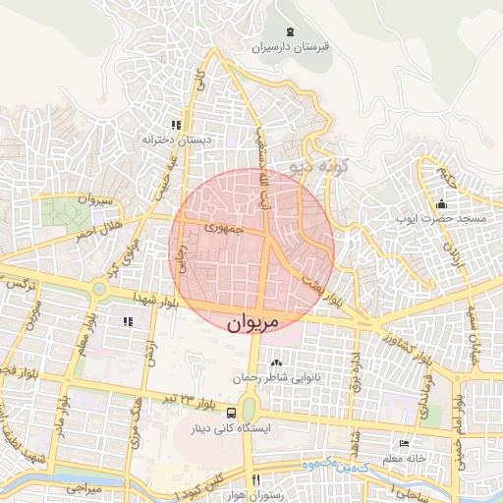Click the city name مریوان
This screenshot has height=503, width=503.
[x=252, y=323]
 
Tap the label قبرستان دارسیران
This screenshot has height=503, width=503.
[x=294, y=46]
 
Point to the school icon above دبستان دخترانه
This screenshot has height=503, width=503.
[x=176, y=125]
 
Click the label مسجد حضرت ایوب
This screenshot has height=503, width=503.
[x=435, y=220]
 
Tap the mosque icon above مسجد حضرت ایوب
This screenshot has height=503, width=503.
[x=441, y=204]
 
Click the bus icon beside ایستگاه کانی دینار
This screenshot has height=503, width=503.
[x=231, y=413]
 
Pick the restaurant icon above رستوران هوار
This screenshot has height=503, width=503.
[x=255, y=479]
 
